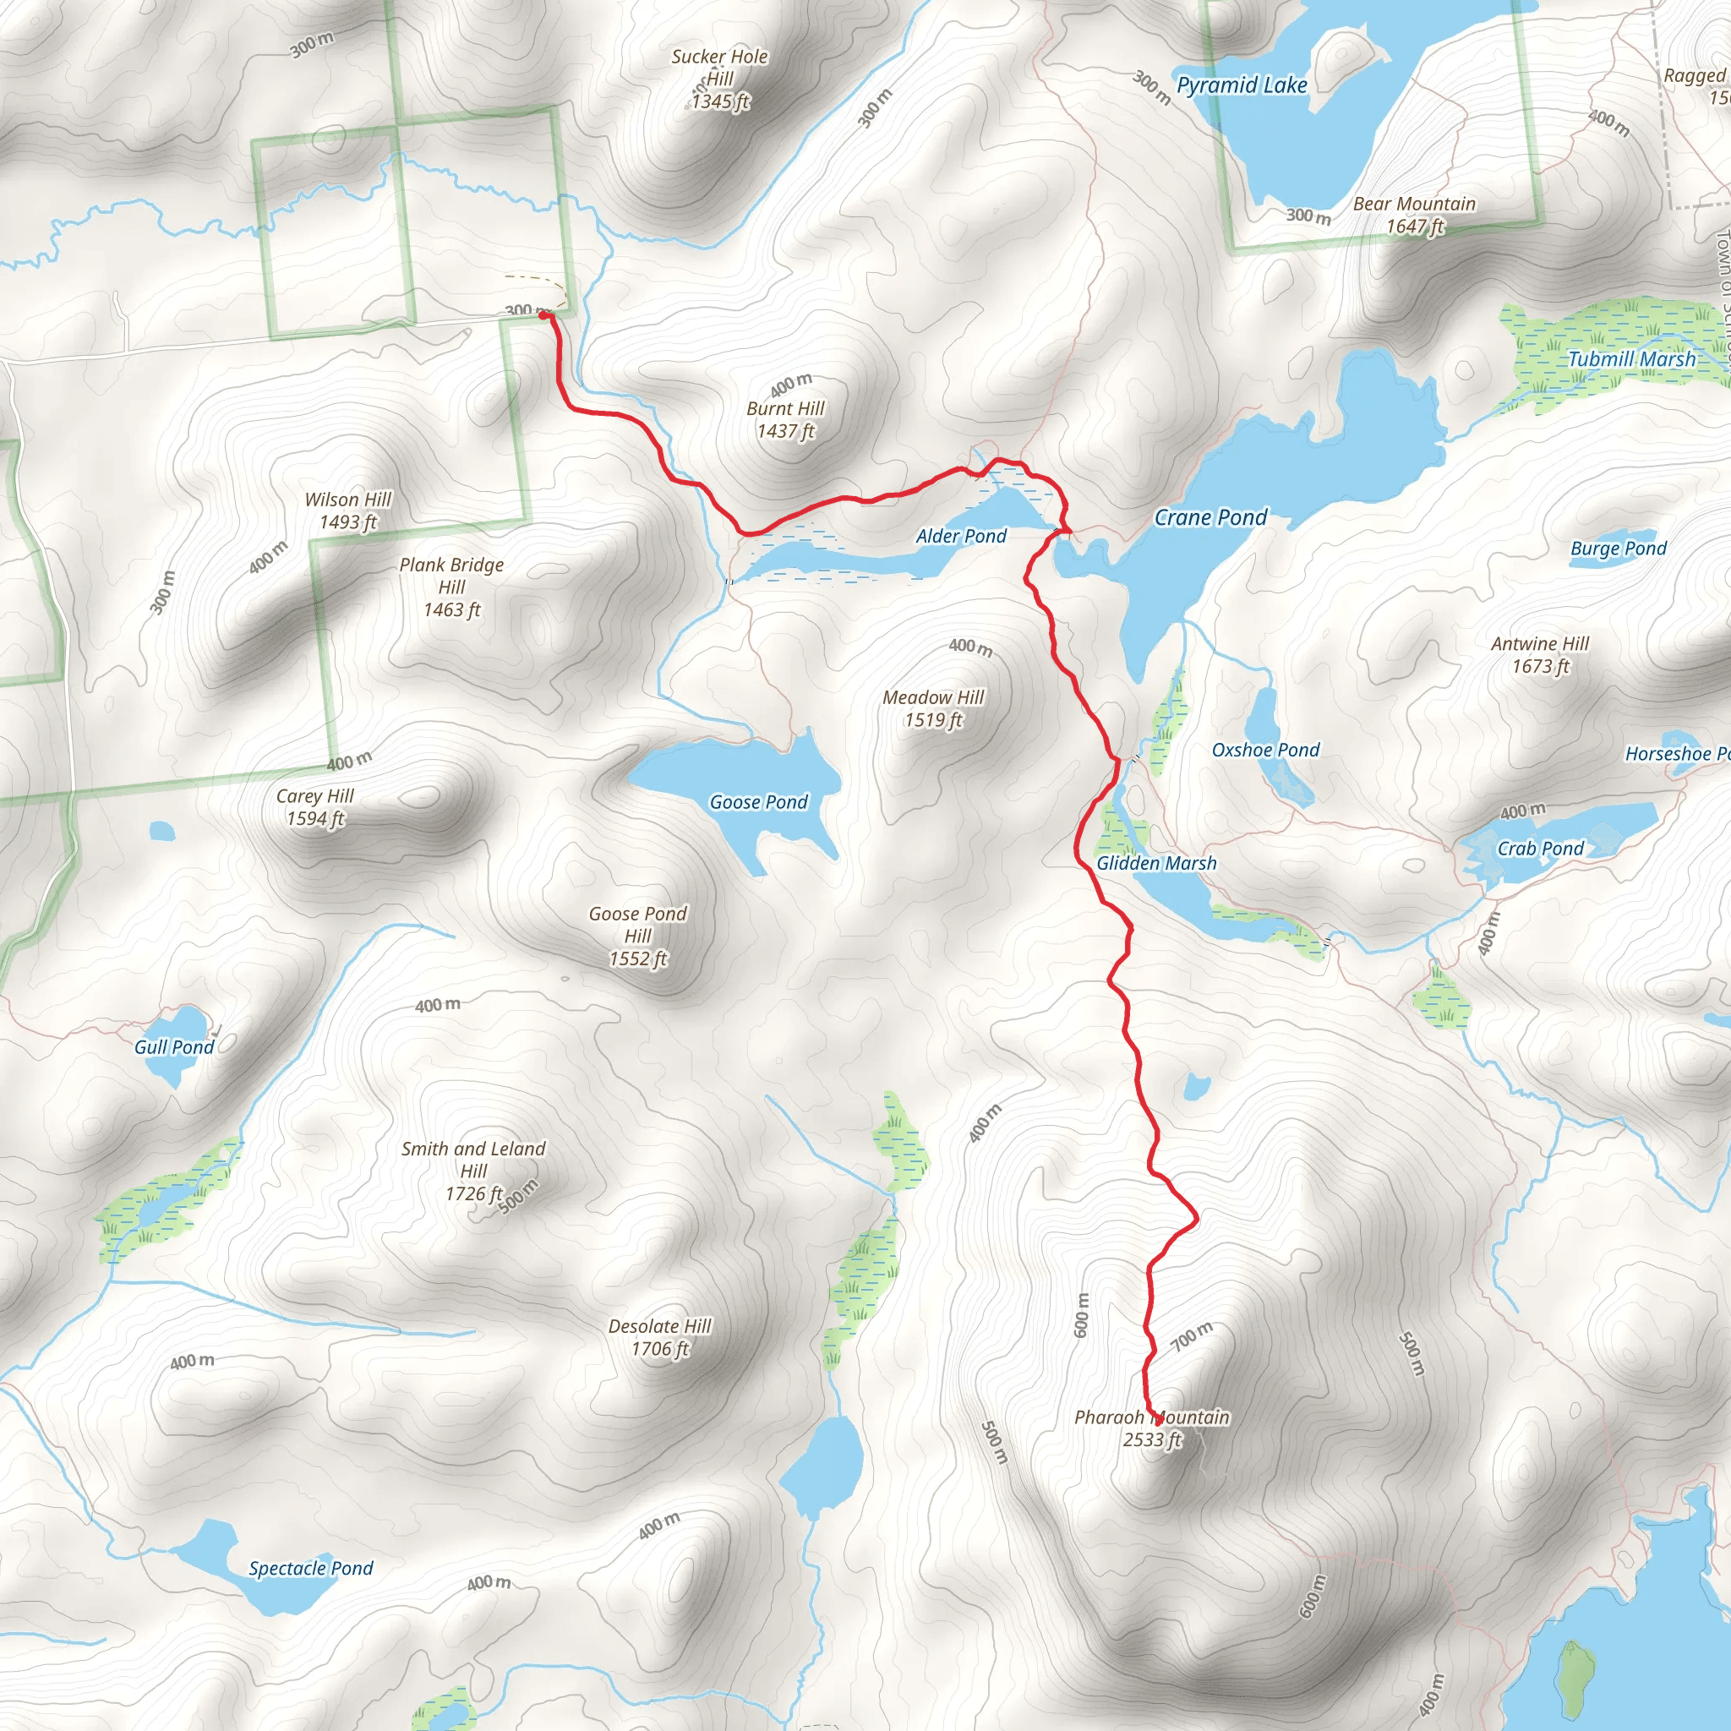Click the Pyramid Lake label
1241,85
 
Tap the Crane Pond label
1210,517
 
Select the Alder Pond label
960,536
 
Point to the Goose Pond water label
758,802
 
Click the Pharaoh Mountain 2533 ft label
1151,1428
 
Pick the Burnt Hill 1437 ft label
785,419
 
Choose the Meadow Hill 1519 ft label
933,707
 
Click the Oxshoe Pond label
1265,750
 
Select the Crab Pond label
1540,848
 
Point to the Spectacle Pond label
310,1568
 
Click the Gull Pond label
174,1046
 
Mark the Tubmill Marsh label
1631,358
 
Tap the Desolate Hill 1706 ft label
659,1337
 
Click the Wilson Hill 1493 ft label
347,511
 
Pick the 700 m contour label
1193,1336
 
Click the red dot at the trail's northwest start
543,315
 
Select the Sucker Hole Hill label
719,79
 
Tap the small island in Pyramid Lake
1341,56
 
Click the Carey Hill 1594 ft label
314,806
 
